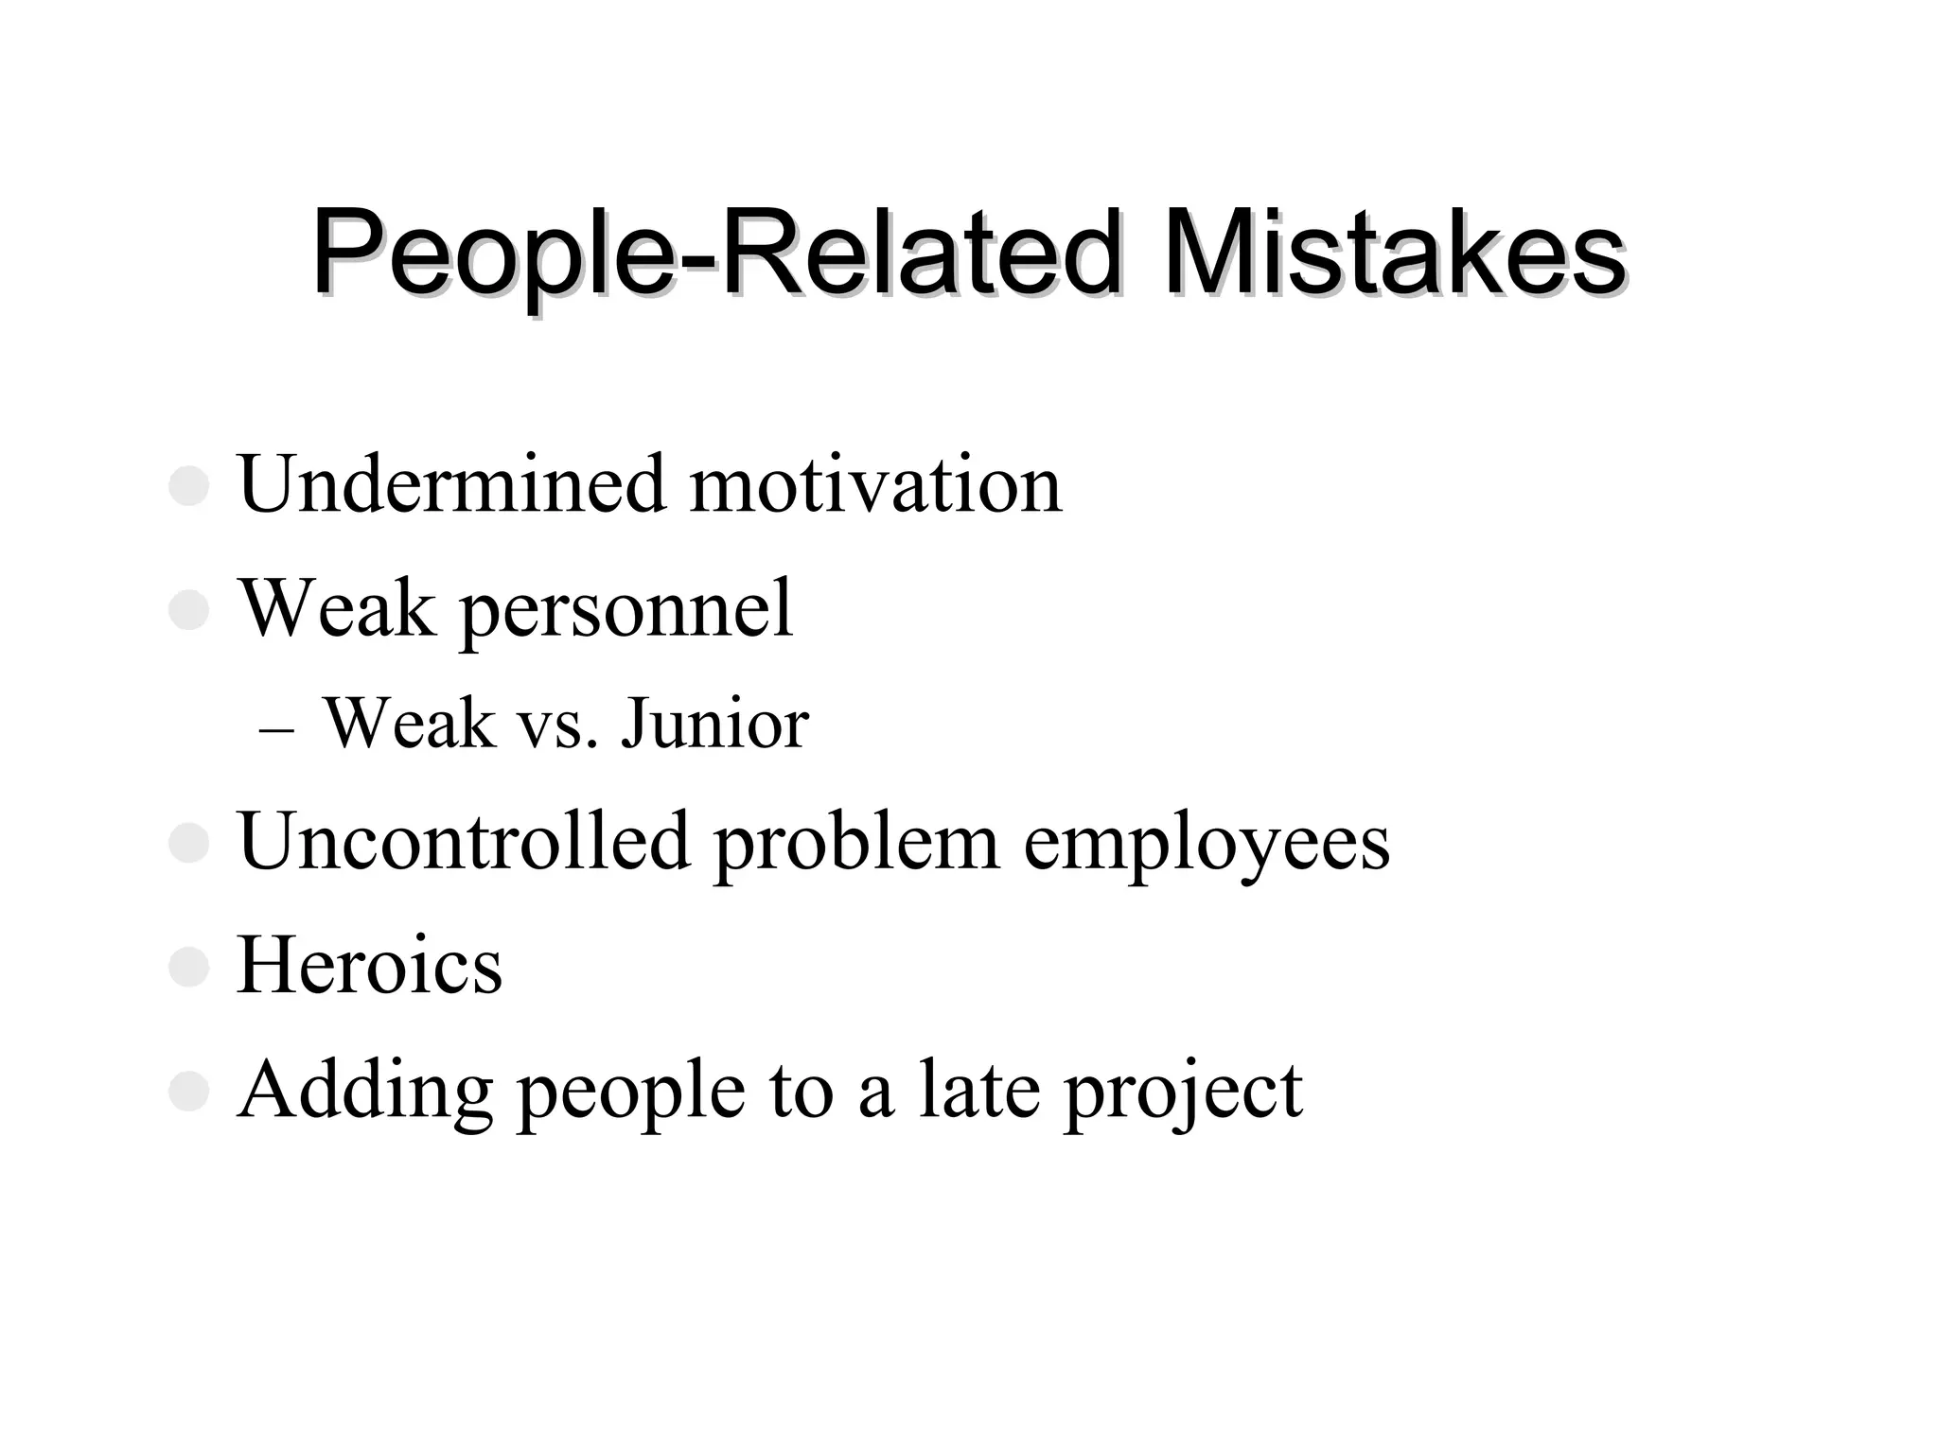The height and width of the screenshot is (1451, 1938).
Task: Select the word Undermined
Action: [452, 485]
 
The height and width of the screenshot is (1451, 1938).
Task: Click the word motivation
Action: [875, 485]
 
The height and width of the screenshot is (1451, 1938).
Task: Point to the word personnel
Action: [626, 610]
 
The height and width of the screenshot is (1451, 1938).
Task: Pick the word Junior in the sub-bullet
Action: [714, 725]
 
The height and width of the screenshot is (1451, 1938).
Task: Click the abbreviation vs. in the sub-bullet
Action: [557, 725]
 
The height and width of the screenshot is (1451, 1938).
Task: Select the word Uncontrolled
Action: [464, 841]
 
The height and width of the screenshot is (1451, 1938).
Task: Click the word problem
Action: [856, 841]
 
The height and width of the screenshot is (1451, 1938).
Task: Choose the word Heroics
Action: [369, 966]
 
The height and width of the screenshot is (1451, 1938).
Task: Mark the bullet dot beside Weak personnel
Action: [188, 610]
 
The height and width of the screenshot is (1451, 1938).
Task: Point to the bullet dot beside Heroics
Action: [188, 967]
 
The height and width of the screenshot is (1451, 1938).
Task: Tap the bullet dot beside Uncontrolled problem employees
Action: [188, 842]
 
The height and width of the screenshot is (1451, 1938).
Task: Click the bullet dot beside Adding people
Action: [188, 1091]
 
